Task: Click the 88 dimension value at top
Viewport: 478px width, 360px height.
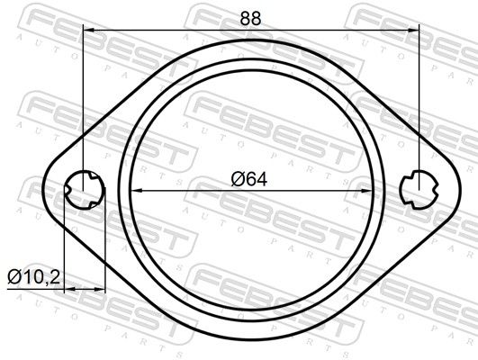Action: tap(250, 19)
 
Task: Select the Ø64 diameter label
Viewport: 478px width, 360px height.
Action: tap(249, 179)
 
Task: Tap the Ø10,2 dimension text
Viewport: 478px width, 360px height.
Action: tap(34, 277)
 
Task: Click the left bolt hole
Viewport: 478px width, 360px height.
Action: tap(85, 190)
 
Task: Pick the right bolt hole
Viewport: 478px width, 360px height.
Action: tap(419, 190)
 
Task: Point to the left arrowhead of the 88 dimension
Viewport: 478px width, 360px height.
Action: tap(89, 30)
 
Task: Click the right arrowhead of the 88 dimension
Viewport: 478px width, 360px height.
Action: tap(413, 30)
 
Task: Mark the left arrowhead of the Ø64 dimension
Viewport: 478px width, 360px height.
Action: tap(136, 191)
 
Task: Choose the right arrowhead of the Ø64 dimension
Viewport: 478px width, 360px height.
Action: tap(366, 191)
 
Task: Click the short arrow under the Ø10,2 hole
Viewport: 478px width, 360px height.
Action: tap(85, 289)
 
